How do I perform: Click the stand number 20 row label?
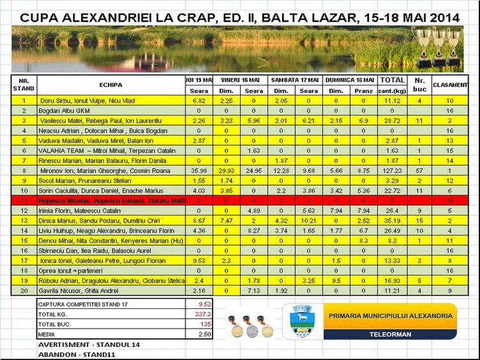(24, 290)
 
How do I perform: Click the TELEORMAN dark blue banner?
(390, 334)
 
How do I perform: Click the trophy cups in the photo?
(437, 45)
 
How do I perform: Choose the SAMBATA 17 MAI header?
(294, 80)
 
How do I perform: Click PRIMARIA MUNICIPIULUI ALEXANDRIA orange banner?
(390, 316)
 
